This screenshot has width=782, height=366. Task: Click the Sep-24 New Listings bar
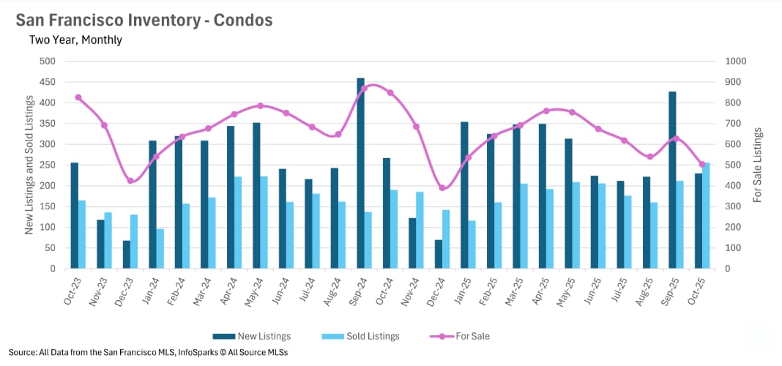(x=361, y=173)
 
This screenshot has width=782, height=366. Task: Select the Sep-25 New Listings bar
(x=672, y=180)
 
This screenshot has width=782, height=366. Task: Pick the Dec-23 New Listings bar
(x=127, y=255)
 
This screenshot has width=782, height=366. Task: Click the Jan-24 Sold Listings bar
(x=160, y=249)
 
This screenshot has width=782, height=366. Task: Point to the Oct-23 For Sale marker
(x=78, y=97)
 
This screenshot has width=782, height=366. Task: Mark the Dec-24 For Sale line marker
(x=442, y=188)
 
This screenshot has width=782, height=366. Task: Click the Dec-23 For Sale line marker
(x=130, y=181)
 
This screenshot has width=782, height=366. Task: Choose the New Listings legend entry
(x=252, y=336)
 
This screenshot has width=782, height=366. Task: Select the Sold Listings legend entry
(x=360, y=336)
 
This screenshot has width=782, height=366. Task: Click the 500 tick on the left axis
(x=48, y=61)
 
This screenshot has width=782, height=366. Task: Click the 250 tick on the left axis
(x=48, y=165)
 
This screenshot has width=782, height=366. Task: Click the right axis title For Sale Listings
(x=758, y=165)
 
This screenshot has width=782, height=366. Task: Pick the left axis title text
(x=29, y=165)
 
